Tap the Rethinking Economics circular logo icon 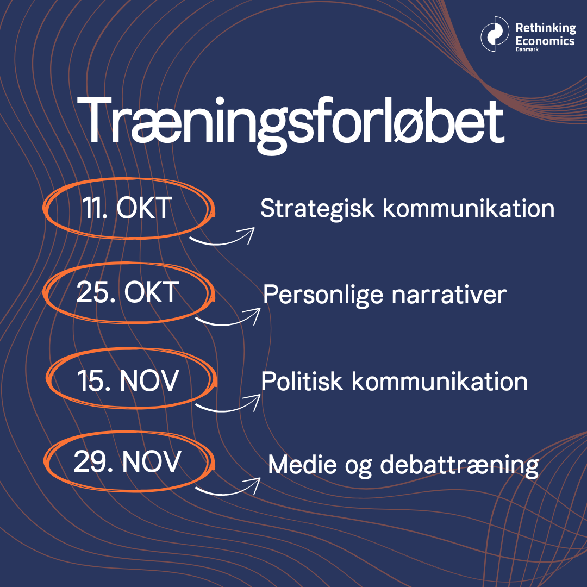[495, 34]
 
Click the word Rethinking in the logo [546, 28]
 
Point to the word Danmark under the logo [527, 49]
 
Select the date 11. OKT [127, 208]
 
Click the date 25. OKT [128, 292]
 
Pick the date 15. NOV [128, 380]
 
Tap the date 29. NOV [127, 461]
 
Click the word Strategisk [317, 209]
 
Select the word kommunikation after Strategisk [469, 208]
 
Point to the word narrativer [449, 295]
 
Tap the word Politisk [302, 382]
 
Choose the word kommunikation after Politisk [440, 382]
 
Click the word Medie [302, 465]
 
